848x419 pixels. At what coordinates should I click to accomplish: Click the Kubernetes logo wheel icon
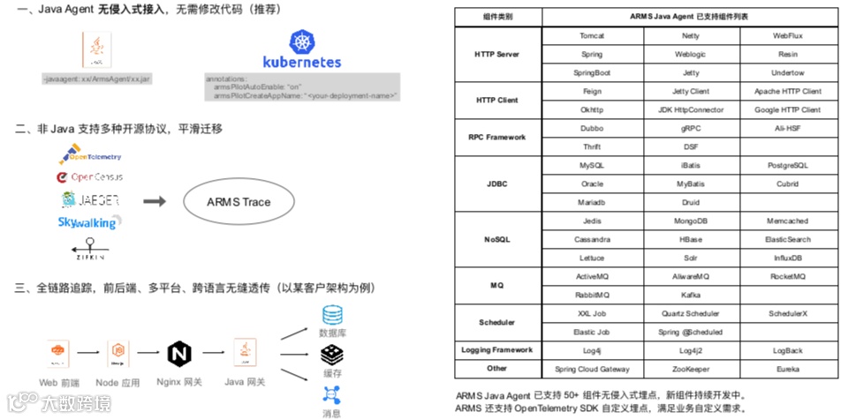tap(302, 41)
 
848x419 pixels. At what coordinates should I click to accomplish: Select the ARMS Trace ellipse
tap(239, 202)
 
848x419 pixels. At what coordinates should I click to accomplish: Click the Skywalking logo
tap(90, 222)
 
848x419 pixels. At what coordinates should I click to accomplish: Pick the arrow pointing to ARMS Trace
tap(155, 202)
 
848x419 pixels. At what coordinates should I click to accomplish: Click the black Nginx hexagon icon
tap(179, 354)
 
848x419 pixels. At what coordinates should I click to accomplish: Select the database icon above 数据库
tap(332, 315)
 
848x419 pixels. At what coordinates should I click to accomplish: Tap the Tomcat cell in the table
tap(592, 35)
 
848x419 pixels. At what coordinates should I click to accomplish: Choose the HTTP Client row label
tap(496, 101)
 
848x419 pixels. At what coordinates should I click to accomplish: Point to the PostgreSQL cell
tap(787, 166)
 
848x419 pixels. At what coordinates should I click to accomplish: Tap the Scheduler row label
tap(496, 323)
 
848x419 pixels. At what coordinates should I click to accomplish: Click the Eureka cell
tap(787, 369)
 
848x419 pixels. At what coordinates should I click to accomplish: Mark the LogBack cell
tap(787, 350)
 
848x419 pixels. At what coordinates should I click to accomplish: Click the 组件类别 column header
tap(496, 17)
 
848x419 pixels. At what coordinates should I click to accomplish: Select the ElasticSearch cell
tap(787, 240)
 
